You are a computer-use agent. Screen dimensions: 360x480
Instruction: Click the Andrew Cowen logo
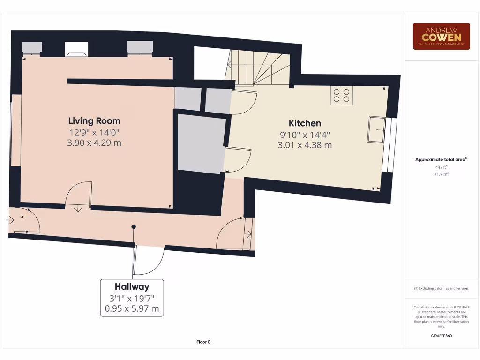[441, 36]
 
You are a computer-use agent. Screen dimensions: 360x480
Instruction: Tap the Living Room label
[94, 121]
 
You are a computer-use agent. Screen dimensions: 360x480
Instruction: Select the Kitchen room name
[305, 123]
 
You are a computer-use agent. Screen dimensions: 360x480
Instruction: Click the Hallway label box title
[132, 286]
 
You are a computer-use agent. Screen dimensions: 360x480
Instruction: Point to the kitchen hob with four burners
[341, 96]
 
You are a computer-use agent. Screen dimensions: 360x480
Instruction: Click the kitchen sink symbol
[376, 129]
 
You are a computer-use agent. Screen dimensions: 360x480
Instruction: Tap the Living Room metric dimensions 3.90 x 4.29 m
[94, 142]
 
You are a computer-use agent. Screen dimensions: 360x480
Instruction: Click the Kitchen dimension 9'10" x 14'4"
[305, 135]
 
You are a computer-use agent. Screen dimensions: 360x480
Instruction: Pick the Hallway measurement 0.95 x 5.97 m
[132, 308]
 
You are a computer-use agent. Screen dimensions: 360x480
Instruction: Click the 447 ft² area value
[441, 167]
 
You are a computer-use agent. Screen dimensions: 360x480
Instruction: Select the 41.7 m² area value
[441, 174]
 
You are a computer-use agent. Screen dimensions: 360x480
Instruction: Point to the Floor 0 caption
[203, 342]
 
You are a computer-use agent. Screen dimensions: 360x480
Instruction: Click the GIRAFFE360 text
[441, 336]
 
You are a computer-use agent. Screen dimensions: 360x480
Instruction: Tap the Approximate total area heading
[441, 159]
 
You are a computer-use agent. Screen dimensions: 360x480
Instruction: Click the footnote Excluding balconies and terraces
[441, 288]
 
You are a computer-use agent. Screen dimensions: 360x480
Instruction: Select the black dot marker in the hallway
[134, 227]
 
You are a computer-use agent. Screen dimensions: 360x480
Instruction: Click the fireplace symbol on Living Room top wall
[76, 49]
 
